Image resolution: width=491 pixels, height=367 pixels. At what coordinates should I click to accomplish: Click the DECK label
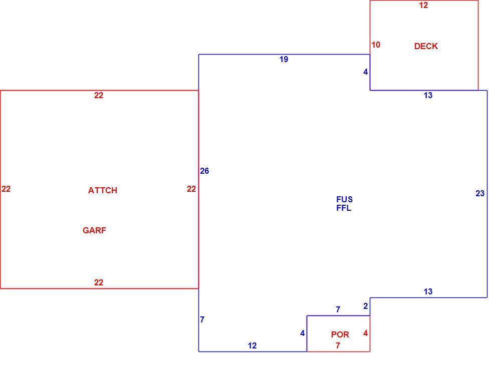426,46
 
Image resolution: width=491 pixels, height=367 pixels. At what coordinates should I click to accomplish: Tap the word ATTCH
103,190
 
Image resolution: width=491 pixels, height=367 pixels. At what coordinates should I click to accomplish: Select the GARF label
94,230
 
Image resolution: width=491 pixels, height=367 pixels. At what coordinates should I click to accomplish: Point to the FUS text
345,199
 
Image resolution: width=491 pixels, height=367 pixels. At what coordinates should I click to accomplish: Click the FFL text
344,208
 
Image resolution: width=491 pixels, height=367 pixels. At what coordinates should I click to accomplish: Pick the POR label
340,334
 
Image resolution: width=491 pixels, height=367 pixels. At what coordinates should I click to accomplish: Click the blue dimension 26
204,171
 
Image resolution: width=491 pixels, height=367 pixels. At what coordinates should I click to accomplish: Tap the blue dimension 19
284,59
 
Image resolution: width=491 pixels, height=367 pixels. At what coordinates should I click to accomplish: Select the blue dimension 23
480,193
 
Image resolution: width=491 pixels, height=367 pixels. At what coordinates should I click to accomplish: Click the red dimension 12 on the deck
423,5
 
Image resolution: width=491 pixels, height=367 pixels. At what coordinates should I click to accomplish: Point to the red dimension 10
376,45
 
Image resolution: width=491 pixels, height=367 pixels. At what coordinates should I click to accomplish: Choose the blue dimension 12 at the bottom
252,345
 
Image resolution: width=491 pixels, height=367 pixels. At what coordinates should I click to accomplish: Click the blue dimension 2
365,306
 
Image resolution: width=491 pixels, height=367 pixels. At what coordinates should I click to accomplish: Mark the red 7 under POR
338,345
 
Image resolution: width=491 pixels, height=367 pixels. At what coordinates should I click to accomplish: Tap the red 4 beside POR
365,333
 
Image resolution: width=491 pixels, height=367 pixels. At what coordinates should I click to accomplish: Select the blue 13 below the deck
428,95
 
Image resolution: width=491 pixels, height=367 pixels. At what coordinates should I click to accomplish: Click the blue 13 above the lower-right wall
428,291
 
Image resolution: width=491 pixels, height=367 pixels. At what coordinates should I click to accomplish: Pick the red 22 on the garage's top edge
99,95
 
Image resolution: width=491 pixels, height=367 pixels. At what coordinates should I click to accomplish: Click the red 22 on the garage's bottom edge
99,282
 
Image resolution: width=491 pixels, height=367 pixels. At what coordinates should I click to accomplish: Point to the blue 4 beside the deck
365,72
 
